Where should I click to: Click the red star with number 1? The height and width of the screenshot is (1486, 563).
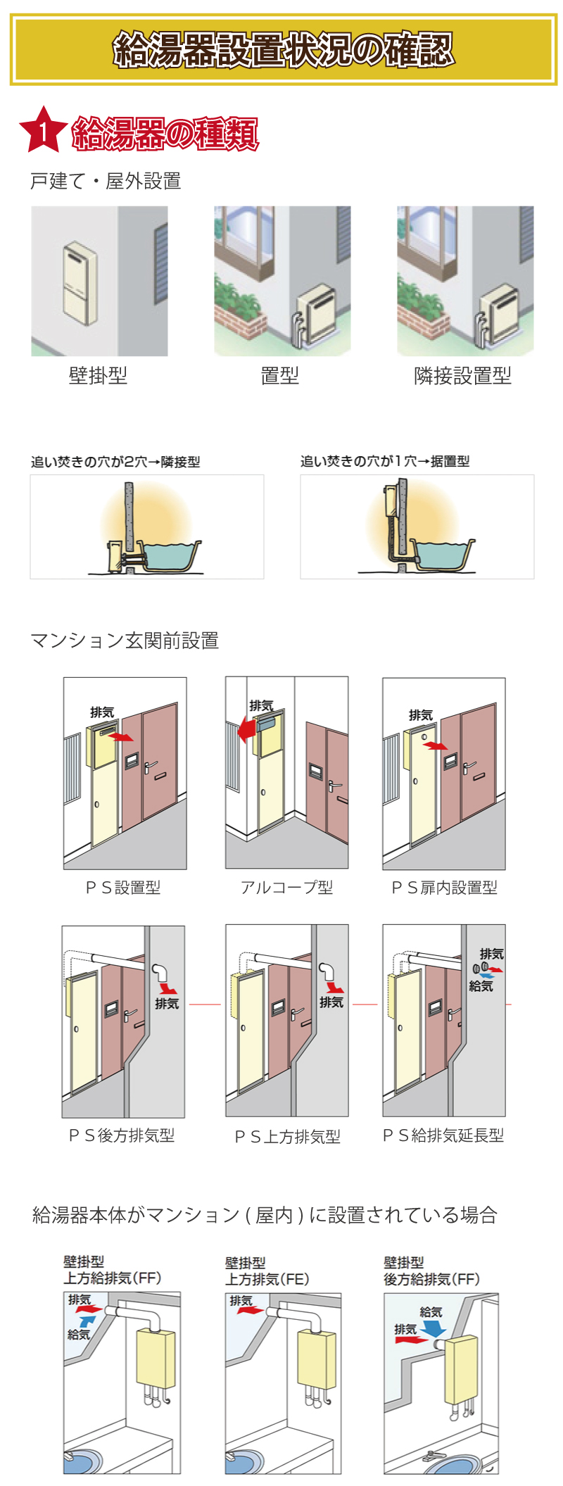coord(43,131)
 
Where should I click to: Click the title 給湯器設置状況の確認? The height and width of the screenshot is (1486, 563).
coord(283,49)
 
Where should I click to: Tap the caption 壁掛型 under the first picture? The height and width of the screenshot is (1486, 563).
coord(99,375)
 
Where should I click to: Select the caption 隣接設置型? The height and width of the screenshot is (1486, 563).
coord(462,375)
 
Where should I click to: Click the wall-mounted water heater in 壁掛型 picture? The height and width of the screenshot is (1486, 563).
coord(80,283)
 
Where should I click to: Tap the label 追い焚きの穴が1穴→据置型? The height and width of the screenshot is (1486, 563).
coord(384,461)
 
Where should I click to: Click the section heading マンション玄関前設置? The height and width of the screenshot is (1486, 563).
coord(125,641)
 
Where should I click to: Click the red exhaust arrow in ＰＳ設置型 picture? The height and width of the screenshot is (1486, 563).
coord(122,737)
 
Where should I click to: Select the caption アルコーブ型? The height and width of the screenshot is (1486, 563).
coord(286,887)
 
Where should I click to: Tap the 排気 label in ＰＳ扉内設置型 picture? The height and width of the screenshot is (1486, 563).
coord(420,715)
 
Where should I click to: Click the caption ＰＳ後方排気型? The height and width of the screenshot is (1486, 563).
coord(122,1135)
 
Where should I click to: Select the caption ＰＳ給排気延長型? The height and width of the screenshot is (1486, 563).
coord(443,1135)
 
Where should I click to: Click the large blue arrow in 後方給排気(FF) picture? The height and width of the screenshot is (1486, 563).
coord(433,1327)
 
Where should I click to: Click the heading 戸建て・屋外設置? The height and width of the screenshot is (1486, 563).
coord(106,182)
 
